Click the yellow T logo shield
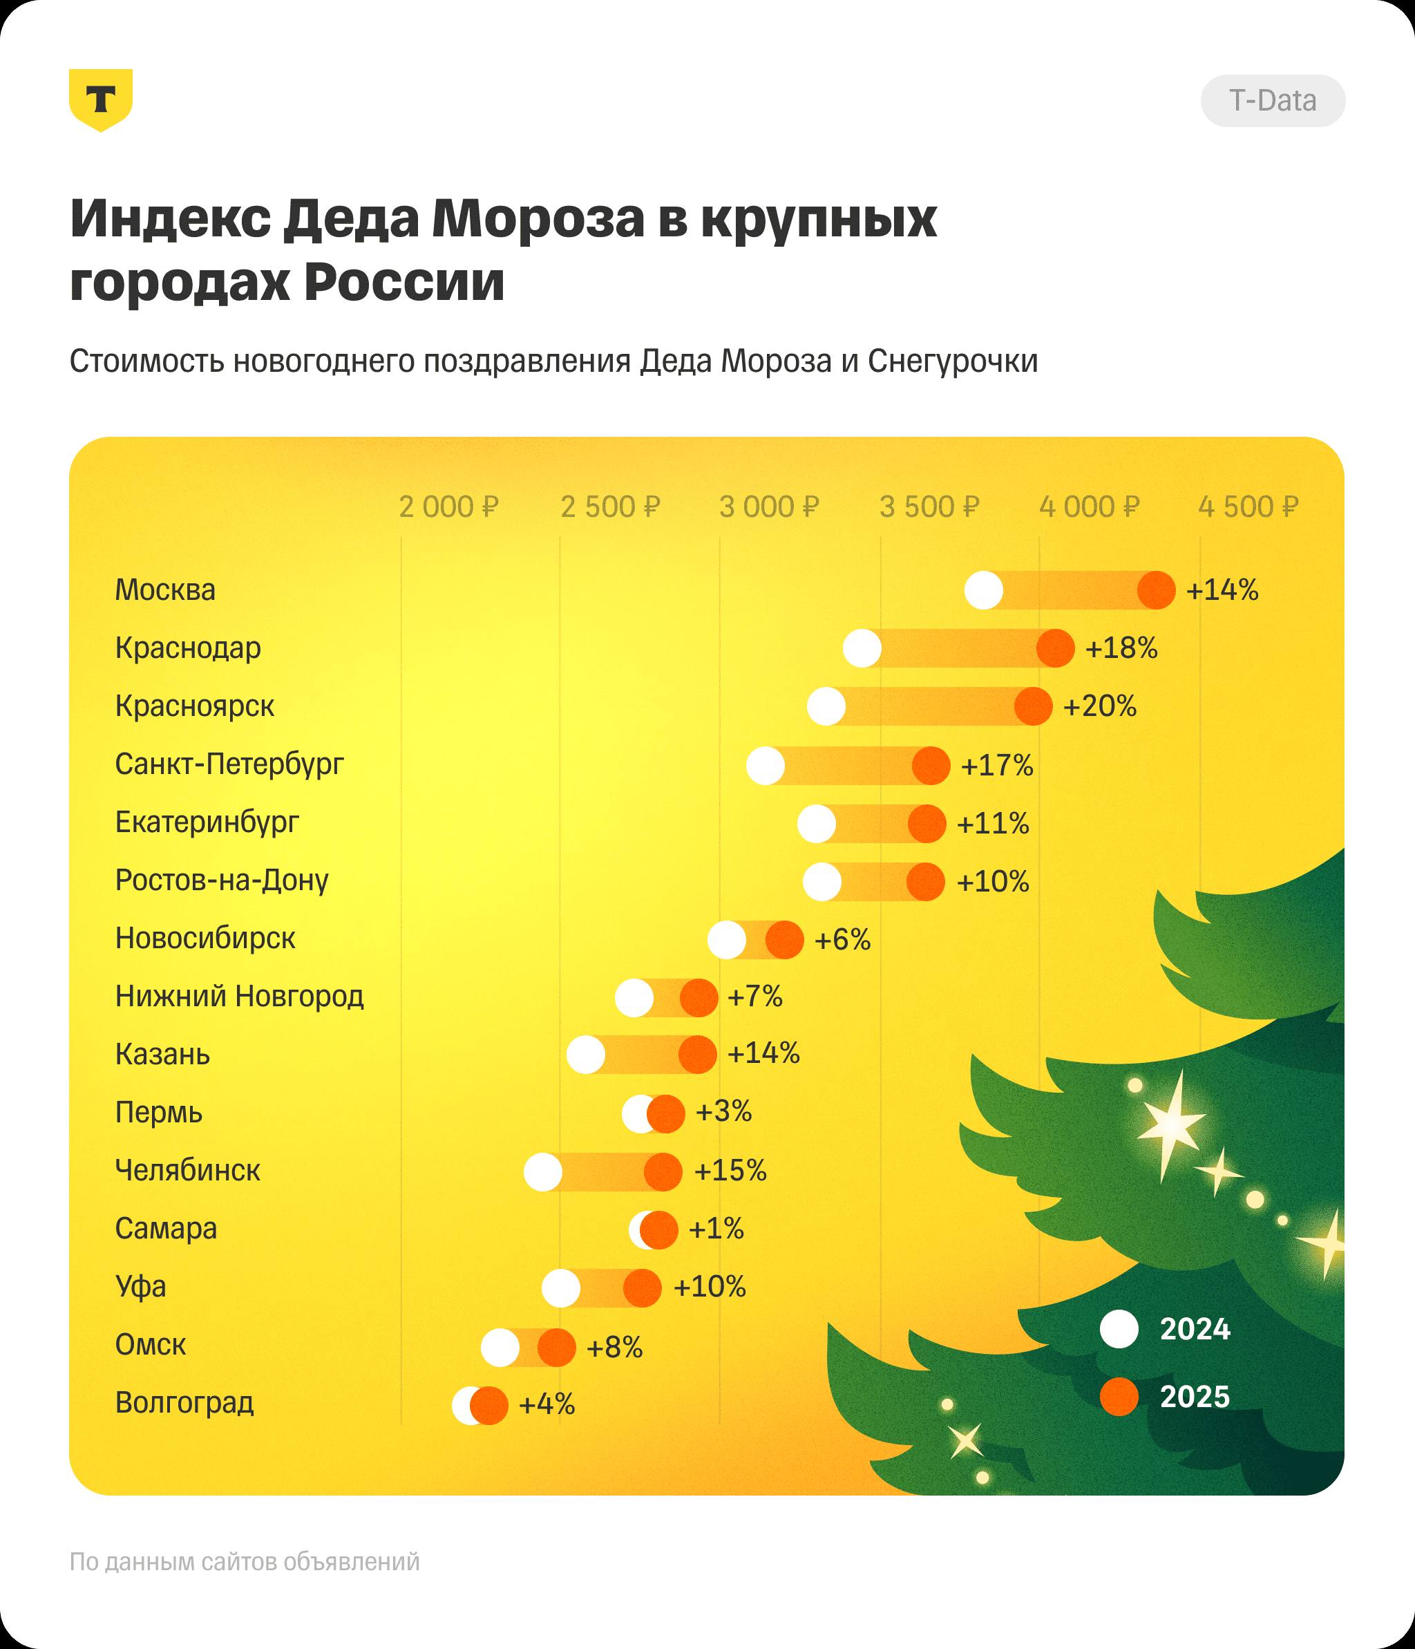click(x=100, y=100)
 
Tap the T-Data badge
click(x=1273, y=101)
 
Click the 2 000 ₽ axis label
click(x=448, y=507)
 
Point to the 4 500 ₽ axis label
click(x=1248, y=507)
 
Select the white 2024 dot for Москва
click(x=984, y=590)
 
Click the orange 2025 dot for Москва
click(x=1157, y=590)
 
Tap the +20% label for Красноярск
click(x=1100, y=706)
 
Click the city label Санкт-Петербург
click(x=229, y=764)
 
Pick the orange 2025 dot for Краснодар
click(x=1055, y=649)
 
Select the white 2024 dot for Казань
click(x=587, y=1055)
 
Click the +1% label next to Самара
click(x=716, y=1229)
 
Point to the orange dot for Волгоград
click(x=489, y=1406)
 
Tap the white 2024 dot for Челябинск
click(x=544, y=1171)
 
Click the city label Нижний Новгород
click(x=240, y=997)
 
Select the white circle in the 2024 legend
click(x=1119, y=1330)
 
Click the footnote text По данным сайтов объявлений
click(x=245, y=1562)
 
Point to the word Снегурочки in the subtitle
click(x=953, y=361)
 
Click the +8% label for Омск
click(x=614, y=1348)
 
